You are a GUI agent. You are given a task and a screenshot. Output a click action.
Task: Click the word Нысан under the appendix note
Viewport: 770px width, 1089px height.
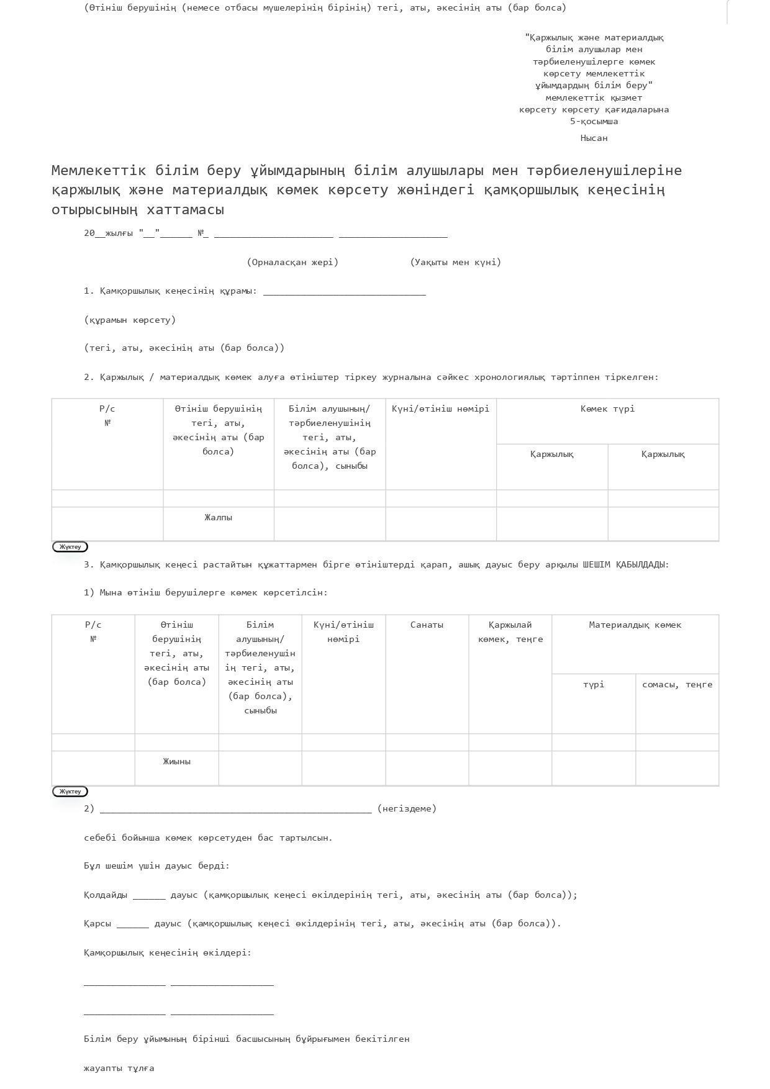(x=594, y=138)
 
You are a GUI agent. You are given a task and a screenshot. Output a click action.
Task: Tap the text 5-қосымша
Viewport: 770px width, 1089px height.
(x=594, y=121)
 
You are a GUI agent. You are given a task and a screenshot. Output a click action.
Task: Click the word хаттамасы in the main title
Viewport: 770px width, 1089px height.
(x=186, y=209)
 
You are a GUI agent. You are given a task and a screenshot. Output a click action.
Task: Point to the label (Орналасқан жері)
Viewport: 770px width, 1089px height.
(x=292, y=262)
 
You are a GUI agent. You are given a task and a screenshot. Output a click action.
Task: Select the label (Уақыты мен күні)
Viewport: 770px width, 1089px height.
(x=455, y=262)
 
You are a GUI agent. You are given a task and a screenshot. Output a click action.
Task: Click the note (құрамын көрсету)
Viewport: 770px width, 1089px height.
(x=130, y=320)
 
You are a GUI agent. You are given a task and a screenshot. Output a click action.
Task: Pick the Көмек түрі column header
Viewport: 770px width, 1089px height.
(x=607, y=409)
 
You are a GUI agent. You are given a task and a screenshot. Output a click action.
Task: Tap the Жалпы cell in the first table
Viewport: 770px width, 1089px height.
(x=218, y=517)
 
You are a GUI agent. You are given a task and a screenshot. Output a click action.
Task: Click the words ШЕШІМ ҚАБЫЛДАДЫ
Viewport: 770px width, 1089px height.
(x=625, y=564)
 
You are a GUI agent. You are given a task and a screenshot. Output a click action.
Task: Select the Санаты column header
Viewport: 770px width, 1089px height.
(x=427, y=625)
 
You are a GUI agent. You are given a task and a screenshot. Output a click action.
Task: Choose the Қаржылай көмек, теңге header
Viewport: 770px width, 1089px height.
(x=510, y=631)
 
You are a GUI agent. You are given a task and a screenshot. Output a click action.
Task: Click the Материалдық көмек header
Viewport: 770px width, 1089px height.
(x=635, y=625)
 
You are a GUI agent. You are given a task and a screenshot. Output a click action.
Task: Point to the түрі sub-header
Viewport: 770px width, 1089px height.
(x=593, y=684)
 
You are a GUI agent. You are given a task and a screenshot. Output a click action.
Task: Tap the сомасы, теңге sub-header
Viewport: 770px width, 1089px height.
(x=677, y=684)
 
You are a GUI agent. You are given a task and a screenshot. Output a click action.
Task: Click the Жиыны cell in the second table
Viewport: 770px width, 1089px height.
(x=176, y=761)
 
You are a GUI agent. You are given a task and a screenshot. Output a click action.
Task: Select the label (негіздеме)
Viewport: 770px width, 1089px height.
(x=407, y=808)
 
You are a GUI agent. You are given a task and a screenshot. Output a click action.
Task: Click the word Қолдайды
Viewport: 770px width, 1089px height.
(x=106, y=895)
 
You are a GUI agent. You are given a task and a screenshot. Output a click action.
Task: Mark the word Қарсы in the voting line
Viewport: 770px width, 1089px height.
(x=97, y=923)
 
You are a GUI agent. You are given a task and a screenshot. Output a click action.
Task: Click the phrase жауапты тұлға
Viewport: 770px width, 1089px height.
(x=119, y=1068)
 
